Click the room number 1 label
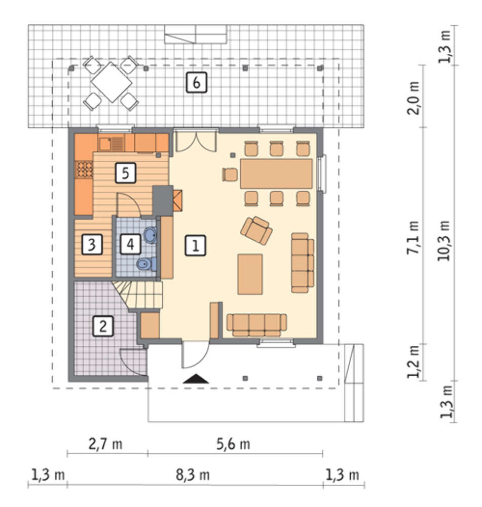click(195, 245)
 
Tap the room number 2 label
click(103, 326)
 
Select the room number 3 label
click(92, 244)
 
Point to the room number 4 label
click(130, 244)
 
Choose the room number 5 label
click(125, 173)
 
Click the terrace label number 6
click(196, 83)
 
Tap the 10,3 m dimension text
click(443, 241)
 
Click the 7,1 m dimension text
click(413, 237)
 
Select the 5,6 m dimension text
click(233, 444)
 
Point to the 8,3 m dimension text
click(193, 475)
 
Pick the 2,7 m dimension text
click(105, 444)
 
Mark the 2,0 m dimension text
click(414, 98)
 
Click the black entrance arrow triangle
click(196, 379)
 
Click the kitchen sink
click(111, 144)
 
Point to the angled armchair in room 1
click(256, 230)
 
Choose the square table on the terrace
click(111, 82)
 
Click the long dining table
click(276, 173)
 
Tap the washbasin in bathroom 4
click(150, 235)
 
